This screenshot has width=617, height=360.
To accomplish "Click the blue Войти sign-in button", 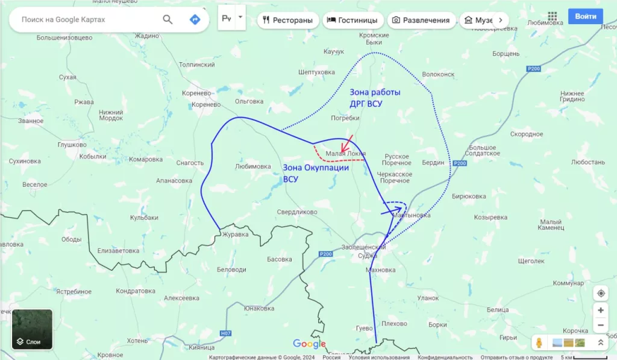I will point(585,16).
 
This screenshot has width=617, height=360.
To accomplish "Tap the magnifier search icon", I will point(168,20).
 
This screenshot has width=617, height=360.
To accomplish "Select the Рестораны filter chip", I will point(287,20).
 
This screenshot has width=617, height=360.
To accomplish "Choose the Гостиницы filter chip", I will point(352,20).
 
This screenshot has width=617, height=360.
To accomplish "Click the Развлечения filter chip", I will point(421,20).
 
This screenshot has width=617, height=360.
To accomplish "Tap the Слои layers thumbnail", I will point(32,329).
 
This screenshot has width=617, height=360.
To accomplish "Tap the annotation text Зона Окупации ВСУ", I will point(316,173).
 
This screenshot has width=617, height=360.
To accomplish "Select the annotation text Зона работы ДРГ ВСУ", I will point(374,98).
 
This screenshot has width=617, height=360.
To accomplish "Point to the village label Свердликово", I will point(296,212).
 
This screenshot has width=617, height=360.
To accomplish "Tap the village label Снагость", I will point(190,163).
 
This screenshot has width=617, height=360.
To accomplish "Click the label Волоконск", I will point(438,74).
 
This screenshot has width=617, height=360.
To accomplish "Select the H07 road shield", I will point(226,333).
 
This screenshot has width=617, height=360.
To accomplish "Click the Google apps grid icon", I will point(553,16).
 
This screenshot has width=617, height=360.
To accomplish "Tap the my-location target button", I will point(601,294).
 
